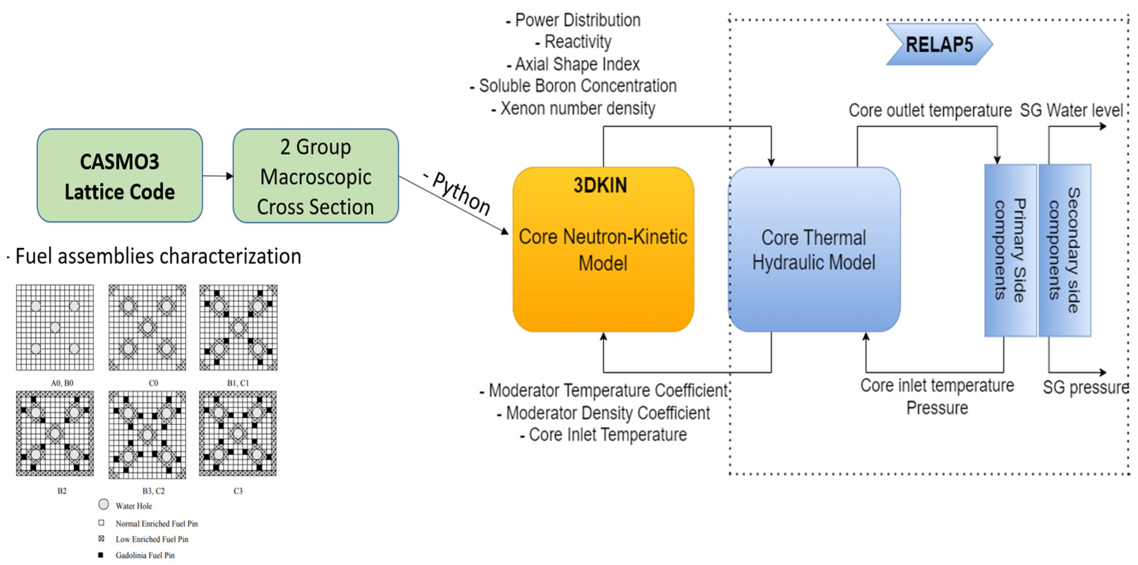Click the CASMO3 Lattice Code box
point(120,176)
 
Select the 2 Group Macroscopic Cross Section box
point(315,176)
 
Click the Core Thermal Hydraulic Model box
point(814,249)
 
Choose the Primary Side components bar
point(1010,250)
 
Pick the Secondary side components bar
point(1065,250)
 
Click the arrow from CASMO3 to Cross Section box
point(218,176)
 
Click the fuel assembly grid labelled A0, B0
point(55,327)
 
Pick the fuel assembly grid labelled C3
point(238,433)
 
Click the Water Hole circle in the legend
point(103,505)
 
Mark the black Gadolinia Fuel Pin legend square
point(101,555)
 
